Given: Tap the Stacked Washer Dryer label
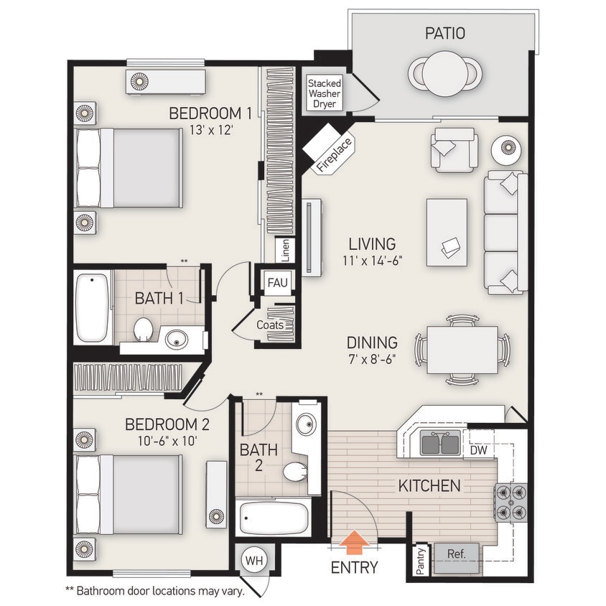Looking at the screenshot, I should (325, 94).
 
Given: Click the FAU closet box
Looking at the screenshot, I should (278, 282).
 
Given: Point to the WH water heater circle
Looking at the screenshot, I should (253, 559).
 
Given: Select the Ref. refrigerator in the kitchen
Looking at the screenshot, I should (457, 555).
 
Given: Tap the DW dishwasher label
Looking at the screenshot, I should (479, 450).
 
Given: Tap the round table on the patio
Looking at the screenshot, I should (445, 73).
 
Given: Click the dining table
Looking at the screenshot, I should (462, 350).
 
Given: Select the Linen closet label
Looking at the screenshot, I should (285, 251).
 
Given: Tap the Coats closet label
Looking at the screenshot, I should (270, 325).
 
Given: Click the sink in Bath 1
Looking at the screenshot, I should (177, 338).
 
